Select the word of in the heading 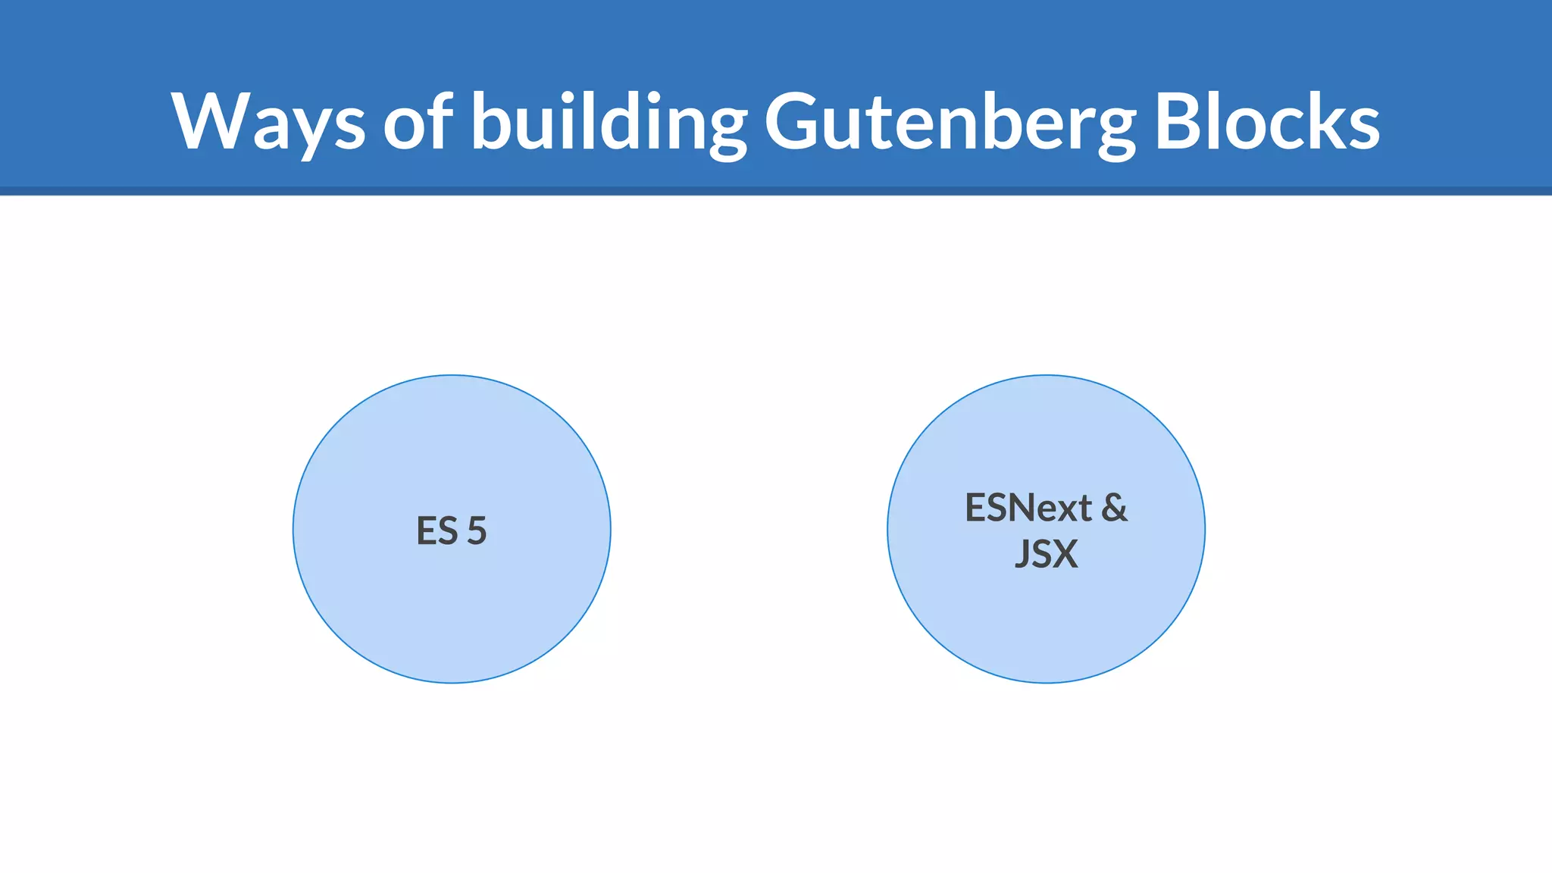click(x=418, y=121)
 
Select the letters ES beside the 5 click(x=437, y=530)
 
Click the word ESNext click(x=1028, y=508)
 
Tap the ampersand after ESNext click(x=1114, y=508)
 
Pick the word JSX click(x=1046, y=554)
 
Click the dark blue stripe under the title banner click(x=776, y=191)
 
